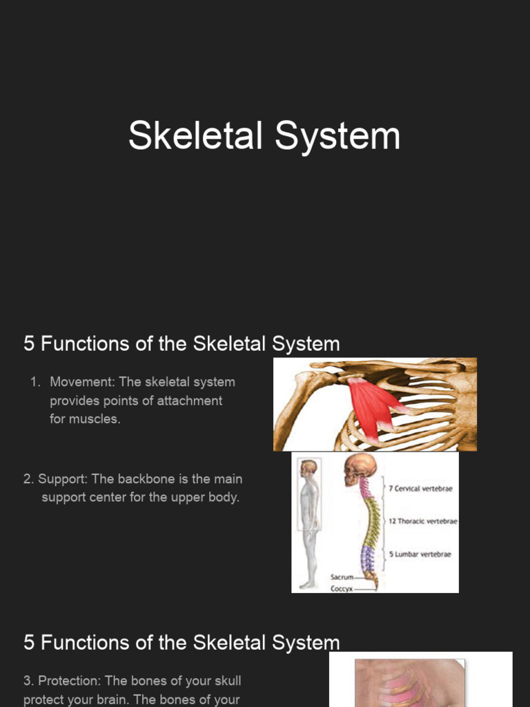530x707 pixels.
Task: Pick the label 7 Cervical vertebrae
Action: [420, 489]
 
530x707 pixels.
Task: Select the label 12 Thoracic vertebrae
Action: [423, 521]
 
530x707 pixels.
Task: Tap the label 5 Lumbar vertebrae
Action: [420, 554]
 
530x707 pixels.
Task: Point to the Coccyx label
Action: [342, 588]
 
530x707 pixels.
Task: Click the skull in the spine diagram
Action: [360, 469]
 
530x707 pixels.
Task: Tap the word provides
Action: [74, 400]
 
